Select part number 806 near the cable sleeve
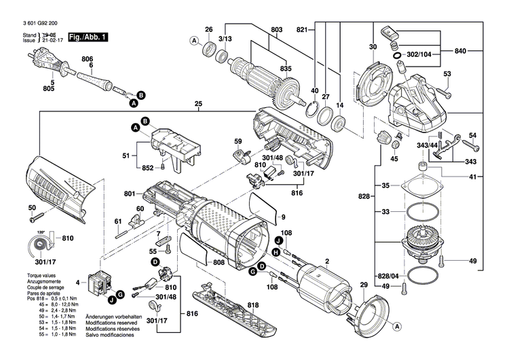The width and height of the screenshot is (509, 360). [87, 58]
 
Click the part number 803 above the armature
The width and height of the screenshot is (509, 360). [276, 29]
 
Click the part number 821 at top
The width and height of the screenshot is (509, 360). [303, 29]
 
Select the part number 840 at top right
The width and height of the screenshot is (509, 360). [459, 51]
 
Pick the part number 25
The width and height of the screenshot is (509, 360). [198, 104]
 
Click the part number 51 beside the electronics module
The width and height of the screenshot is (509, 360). [126, 156]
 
